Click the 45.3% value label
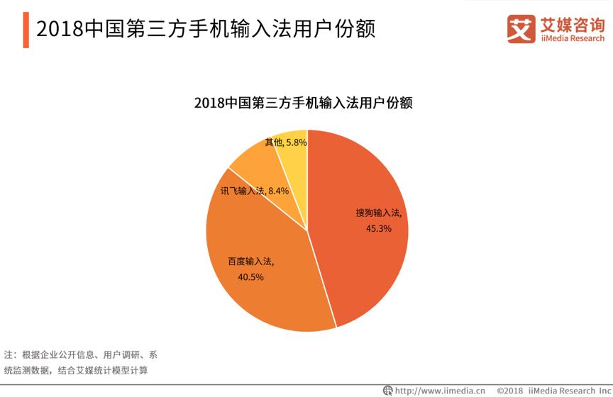[x=378, y=229]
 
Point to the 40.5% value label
[x=250, y=277]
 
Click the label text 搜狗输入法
[x=378, y=213]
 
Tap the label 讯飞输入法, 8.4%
[x=254, y=191]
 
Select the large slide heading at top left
[x=205, y=29]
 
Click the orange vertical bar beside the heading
[x=26, y=29]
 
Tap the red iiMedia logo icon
[x=520, y=28]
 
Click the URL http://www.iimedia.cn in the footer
[x=439, y=390]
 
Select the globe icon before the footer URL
[x=387, y=390]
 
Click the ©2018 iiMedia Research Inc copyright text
[x=553, y=390]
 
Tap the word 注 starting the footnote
[x=9, y=354]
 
